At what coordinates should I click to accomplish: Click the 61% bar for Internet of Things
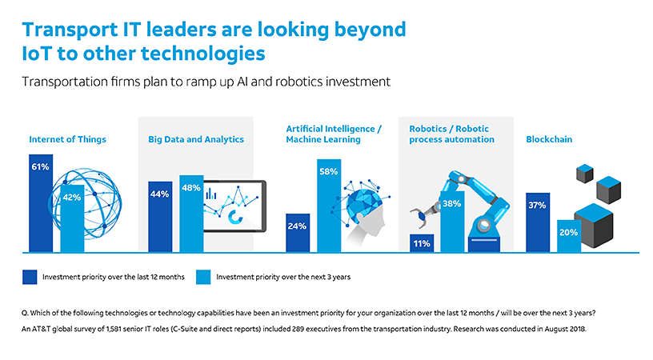(x=41, y=203)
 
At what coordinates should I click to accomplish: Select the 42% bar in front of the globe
(x=72, y=218)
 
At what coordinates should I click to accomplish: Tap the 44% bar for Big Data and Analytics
(x=160, y=217)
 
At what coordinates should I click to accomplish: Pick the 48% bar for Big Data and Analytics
(x=191, y=214)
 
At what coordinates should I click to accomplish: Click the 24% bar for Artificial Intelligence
(x=298, y=233)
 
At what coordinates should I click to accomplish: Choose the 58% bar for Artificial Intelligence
(x=329, y=206)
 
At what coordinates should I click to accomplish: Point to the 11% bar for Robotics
(x=422, y=243)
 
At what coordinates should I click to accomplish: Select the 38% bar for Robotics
(x=453, y=222)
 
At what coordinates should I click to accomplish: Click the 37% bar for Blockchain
(x=538, y=222)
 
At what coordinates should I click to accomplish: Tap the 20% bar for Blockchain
(x=569, y=236)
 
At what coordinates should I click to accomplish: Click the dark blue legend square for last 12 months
(x=30, y=277)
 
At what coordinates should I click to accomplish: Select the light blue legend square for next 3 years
(x=203, y=277)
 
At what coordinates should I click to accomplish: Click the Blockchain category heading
(x=549, y=139)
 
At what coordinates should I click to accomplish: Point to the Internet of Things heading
(x=67, y=139)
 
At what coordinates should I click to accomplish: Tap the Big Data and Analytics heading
(x=196, y=139)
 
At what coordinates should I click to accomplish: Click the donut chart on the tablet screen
(x=235, y=217)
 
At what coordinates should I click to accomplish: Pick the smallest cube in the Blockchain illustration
(x=585, y=174)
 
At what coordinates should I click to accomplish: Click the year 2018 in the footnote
(x=577, y=329)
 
